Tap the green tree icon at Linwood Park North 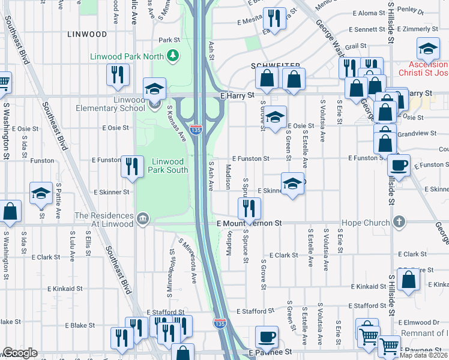click(173, 56)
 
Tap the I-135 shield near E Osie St click(196, 128)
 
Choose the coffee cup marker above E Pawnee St click(267, 337)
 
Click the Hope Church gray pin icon click(400, 223)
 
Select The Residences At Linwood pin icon click(141, 217)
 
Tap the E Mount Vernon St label click(249, 223)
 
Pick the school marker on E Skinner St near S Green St click(292, 184)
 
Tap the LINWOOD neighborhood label click(88, 34)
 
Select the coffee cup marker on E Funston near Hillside click(398, 165)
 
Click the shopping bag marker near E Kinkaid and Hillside click(409, 279)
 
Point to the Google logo click(20, 353)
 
